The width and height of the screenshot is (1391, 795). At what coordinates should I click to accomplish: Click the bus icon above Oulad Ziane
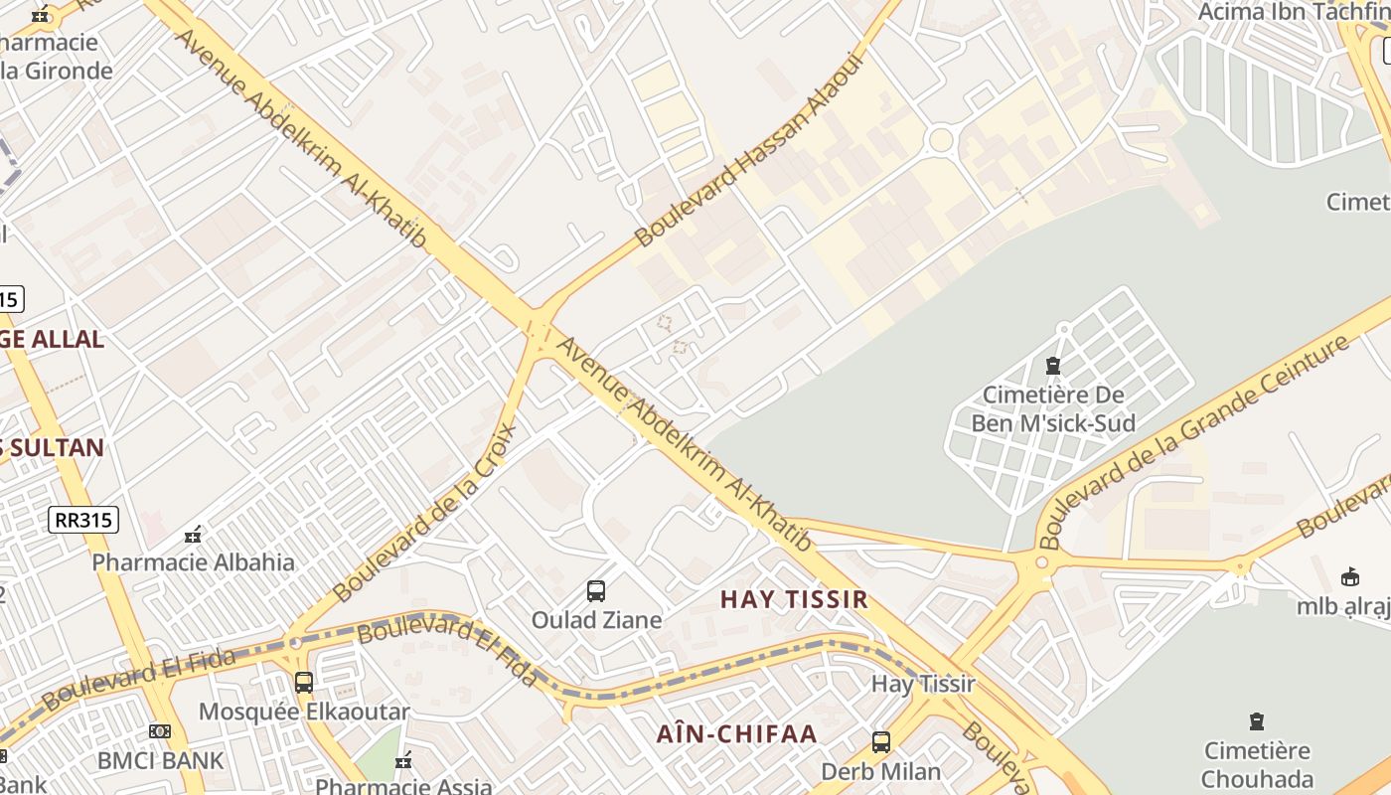(596, 591)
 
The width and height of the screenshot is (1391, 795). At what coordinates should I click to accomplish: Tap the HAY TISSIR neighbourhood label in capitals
(794, 599)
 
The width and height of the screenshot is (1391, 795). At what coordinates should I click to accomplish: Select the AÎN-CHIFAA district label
(736, 734)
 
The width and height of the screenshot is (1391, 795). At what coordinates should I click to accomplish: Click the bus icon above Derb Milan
(880, 742)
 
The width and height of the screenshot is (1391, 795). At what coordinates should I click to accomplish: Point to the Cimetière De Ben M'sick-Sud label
(1053, 409)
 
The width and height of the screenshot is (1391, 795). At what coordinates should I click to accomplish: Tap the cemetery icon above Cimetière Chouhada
(1257, 721)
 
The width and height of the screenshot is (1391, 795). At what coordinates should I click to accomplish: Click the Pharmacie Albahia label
(193, 562)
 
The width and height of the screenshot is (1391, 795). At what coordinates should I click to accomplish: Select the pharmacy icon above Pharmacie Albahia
(193, 535)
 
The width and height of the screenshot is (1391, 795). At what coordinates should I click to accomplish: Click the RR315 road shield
(83, 520)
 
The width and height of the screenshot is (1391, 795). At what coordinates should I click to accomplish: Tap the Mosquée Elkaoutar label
(304, 712)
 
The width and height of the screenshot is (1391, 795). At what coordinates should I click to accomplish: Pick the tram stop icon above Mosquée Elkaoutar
(304, 683)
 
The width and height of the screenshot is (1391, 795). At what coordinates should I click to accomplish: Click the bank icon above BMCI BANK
(159, 731)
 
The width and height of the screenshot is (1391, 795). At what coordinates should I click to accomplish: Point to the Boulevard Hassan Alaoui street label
(751, 149)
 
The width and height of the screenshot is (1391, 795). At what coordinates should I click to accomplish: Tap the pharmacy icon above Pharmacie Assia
(403, 761)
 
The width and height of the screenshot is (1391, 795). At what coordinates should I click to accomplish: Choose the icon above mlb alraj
(1350, 577)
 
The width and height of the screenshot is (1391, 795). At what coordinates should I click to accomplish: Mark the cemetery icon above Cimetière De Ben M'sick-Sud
(1053, 366)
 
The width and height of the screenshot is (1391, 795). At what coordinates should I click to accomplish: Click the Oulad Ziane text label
(596, 620)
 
